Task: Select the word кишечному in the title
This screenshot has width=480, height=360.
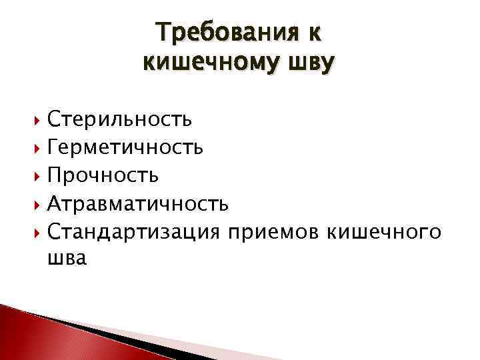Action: pos(214,63)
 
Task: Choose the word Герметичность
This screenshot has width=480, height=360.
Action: pos(125,147)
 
